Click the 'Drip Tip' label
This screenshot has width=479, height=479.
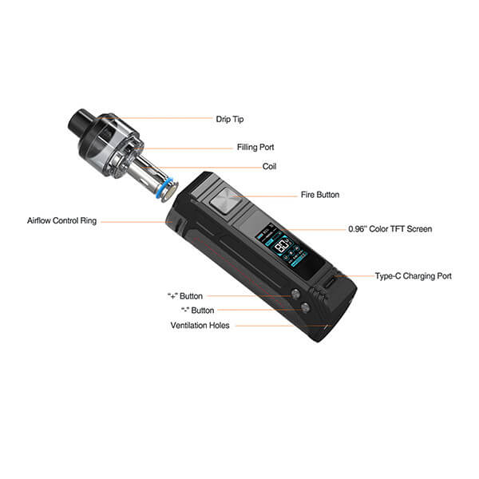[x=230, y=119]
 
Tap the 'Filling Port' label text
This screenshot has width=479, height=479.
[x=255, y=147]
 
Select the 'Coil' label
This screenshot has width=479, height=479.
[x=269, y=167]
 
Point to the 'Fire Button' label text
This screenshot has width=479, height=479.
[x=320, y=195]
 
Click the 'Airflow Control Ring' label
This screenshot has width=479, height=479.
[x=61, y=220]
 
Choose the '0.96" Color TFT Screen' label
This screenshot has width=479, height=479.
[x=390, y=229]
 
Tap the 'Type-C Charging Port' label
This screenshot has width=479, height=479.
[x=414, y=276]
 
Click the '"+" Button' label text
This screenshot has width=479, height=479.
[x=185, y=296]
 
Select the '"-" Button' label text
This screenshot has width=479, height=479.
[x=198, y=311]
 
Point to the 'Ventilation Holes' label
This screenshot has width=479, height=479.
[x=200, y=326]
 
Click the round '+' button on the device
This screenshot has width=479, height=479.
[x=295, y=294]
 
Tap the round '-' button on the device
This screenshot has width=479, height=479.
[x=305, y=307]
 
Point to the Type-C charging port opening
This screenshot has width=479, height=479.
[x=330, y=281]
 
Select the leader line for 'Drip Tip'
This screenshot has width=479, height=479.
[x=155, y=118]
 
